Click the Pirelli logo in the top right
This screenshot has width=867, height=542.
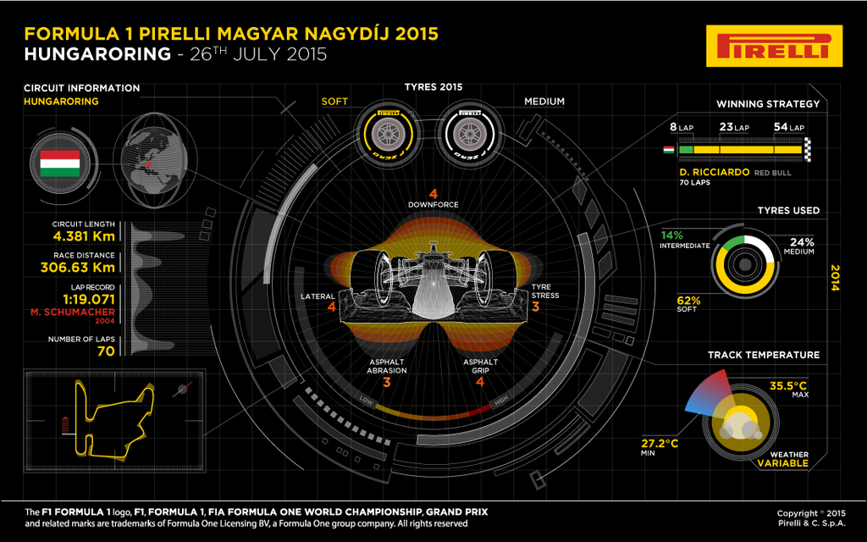tap(774, 46)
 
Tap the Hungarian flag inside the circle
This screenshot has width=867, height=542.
tap(60, 163)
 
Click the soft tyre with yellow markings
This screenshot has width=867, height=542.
tap(388, 134)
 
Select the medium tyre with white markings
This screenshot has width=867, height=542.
tap(469, 134)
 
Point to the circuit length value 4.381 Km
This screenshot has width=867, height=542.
tap(84, 236)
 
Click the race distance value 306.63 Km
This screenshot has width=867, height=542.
tap(78, 267)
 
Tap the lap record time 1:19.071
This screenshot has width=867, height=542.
tap(88, 299)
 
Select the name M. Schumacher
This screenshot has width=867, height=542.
tap(73, 312)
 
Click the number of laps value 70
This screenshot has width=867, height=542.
tap(106, 351)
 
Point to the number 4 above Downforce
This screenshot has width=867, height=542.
tap(433, 194)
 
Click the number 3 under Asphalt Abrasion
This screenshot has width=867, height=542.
tap(386, 382)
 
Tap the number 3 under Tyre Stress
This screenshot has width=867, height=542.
tap(535, 307)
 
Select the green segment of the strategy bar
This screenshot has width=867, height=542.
tap(686, 150)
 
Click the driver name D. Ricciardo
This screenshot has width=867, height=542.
tap(715, 172)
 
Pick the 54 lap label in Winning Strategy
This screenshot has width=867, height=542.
tap(789, 127)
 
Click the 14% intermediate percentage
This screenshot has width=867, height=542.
tap(671, 235)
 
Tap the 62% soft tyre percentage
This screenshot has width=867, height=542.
tap(688, 301)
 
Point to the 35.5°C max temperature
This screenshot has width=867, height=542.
tap(788, 385)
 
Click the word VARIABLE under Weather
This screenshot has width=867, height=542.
tap(782, 463)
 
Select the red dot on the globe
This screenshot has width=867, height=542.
tap(148, 164)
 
